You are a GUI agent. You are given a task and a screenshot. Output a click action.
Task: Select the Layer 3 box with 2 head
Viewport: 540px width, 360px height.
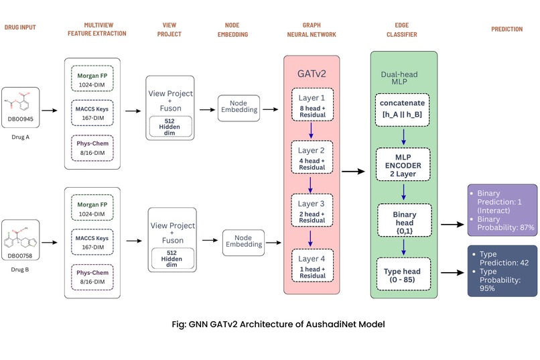[312, 211]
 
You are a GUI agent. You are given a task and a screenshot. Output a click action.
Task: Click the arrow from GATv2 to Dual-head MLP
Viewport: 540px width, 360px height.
[354, 172]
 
